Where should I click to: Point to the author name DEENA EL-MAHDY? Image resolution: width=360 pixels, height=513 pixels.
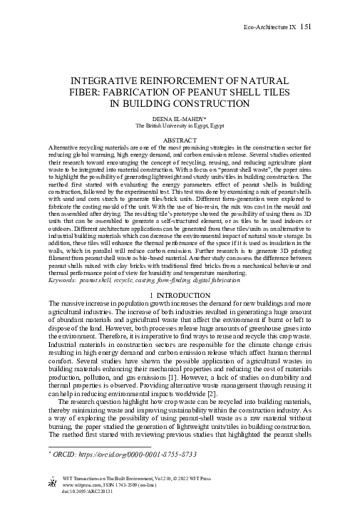pyautogui.click(x=180, y=118)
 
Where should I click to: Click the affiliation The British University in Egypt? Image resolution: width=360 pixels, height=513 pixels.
pyautogui.click(x=180, y=125)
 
